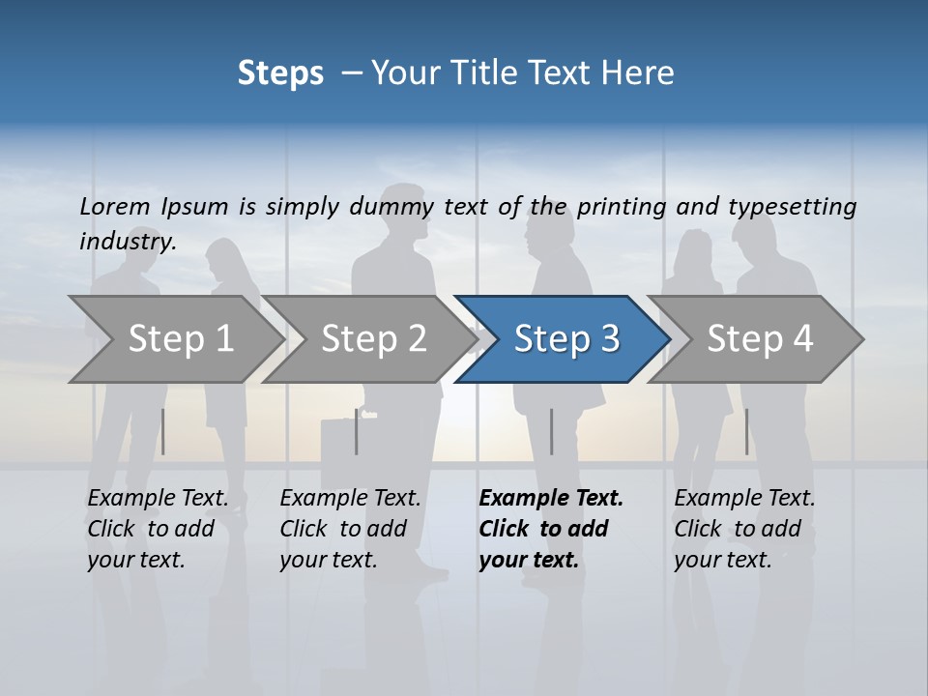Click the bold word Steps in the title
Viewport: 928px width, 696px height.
pos(280,73)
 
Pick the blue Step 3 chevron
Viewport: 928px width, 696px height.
pos(566,339)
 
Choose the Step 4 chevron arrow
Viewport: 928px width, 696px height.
pos(760,339)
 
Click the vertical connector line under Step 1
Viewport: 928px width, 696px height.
pos(163,431)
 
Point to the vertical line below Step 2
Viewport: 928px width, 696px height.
pos(357,431)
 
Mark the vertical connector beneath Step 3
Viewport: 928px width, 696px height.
pos(551,431)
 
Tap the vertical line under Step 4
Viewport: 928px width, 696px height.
pos(746,431)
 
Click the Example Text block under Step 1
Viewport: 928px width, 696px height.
pos(158,529)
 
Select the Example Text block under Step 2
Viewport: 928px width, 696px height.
pos(350,529)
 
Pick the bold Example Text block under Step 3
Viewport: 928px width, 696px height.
pos(551,529)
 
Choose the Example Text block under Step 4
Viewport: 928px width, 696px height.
pos(744,529)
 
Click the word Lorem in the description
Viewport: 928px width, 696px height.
pos(115,206)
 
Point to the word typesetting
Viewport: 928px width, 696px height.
pos(792,207)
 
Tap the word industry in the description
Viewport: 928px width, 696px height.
pos(128,242)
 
